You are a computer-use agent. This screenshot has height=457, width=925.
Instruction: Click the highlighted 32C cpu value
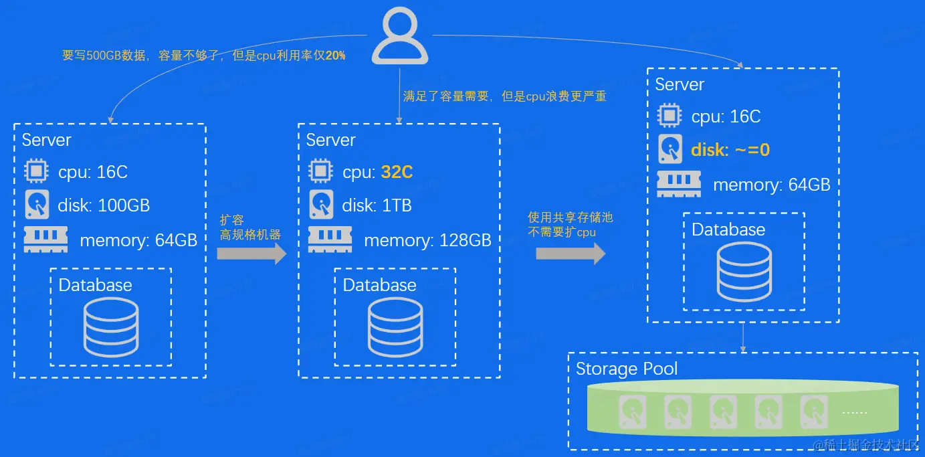[x=397, y=172]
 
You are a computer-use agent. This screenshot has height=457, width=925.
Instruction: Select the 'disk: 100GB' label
[x=104, y=205]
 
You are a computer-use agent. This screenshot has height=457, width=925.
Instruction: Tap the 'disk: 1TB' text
[x=377, y=205]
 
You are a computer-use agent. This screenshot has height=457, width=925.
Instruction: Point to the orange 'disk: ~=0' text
[x=730, y=150]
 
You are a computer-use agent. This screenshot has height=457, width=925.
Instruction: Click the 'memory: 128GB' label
[x=427, y=240]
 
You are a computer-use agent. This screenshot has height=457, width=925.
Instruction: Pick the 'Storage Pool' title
[x=627, y=369]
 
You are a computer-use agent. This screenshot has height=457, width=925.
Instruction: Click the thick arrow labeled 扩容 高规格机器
[x=251, y=254]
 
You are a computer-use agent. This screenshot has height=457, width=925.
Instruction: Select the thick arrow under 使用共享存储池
[x=570, y=254]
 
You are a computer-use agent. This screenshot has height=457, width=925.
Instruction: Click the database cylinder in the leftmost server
[x=111, y=327]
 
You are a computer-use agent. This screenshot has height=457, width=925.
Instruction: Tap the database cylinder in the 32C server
[x=395, y=327]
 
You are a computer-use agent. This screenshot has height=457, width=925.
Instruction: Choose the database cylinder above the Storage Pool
[x=744, y=272]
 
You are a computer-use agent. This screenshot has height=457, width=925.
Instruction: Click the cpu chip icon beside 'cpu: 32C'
[x=320, y=171]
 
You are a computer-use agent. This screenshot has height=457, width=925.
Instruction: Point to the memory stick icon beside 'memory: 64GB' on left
[x=45, y=240]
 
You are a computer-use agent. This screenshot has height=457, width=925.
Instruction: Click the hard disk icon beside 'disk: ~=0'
[x=670, y=149]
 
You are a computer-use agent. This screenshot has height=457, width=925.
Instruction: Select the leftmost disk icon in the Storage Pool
[x=631, y=412]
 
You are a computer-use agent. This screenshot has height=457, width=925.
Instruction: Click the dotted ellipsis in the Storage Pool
[x=854, y=412]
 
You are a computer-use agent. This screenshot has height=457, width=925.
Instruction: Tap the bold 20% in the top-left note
[x=336, y=56]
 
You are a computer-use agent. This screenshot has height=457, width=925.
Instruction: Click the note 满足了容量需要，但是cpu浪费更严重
[x=504, y=96]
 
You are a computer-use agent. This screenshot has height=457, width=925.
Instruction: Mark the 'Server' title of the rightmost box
[x=680, y=84]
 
